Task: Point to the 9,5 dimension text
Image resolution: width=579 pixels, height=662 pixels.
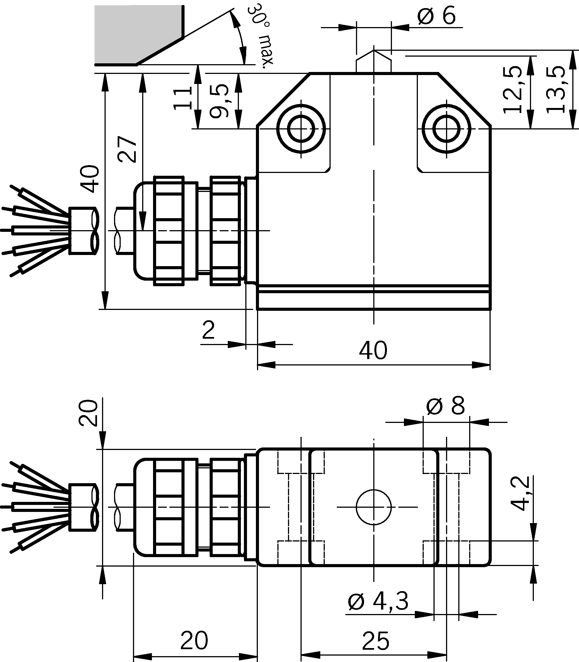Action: click(x=219, y=101)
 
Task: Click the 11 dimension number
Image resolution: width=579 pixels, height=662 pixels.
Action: click(x=183, y=98)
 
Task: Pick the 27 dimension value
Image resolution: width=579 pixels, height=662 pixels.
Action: click(x=127, y=149)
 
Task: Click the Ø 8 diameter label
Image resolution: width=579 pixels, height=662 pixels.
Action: click(x=445, y=406)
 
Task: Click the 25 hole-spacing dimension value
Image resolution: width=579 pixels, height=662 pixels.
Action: click(x=375, y=641)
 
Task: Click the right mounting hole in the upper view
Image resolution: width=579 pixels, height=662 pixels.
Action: click(x=447, y=129)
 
